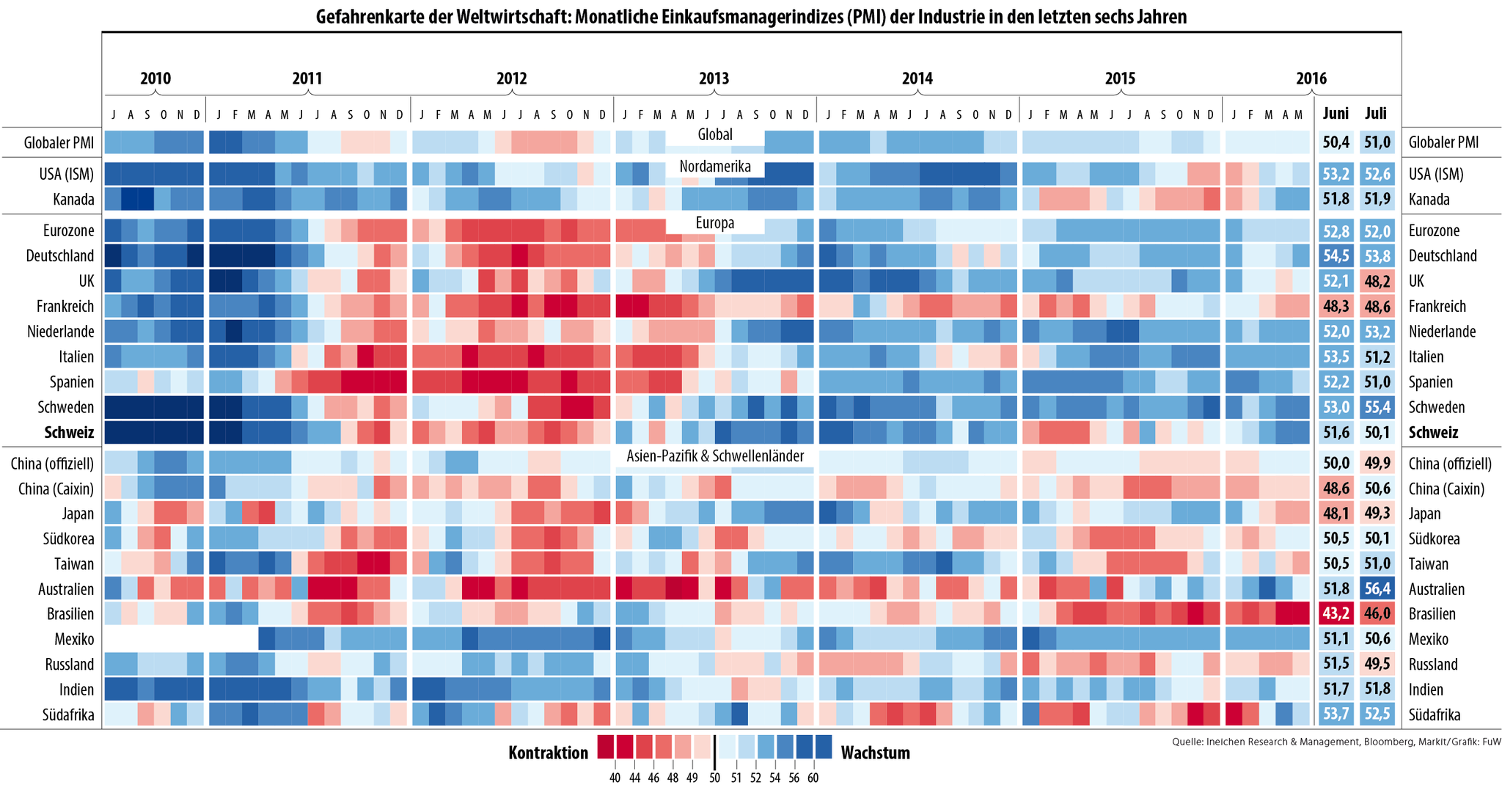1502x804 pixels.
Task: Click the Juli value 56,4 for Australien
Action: (1377, 589)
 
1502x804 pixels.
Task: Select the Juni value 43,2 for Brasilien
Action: (1336, 614)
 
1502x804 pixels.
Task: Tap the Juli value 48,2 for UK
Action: (1377, 281)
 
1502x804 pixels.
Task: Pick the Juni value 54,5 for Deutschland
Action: (1336, 256)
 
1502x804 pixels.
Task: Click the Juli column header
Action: (1376, 114)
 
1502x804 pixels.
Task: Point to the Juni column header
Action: (1336, 114)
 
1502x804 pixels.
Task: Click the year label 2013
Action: (714, 78)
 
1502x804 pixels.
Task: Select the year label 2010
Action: (155, 78)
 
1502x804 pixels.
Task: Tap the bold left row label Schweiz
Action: (70, 433)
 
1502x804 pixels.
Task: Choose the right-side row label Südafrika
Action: (1435, 715)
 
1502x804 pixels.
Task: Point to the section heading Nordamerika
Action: (715, 167)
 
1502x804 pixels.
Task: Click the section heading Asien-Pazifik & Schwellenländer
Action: (715, 456)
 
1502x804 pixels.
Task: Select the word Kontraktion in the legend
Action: (548, 753)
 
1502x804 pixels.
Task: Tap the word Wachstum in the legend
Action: (875, 753)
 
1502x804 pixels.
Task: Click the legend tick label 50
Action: (714, 778)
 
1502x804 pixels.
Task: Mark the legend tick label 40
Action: (615, 778)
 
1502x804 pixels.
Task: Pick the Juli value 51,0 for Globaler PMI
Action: (1377, 142)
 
